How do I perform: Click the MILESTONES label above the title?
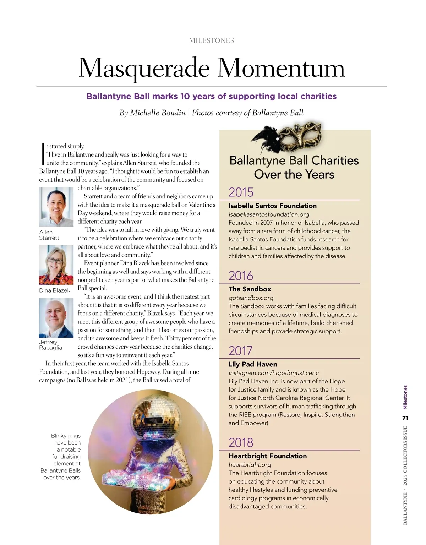tap(212, 40)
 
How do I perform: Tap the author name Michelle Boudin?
tap(158, 113)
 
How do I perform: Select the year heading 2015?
tap(241, 192)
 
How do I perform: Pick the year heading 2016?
tap(241, 276)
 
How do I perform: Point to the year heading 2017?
tap(240, 351)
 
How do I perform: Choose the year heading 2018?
tap(241, 442)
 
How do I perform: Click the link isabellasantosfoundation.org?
tap(269, 214)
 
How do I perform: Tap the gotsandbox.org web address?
tap(251, 298)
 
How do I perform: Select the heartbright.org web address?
tap(250, 464)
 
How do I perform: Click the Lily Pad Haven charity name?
tap(253, 364)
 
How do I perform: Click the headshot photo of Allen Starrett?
tap(56, 207)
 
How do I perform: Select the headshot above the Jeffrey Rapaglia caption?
tap(56, 318)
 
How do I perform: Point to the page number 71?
tap(405, 418)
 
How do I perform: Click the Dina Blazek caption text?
tap(55, 290)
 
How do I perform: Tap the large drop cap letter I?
tap(43, 154)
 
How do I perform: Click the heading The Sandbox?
tap(250, 289)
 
